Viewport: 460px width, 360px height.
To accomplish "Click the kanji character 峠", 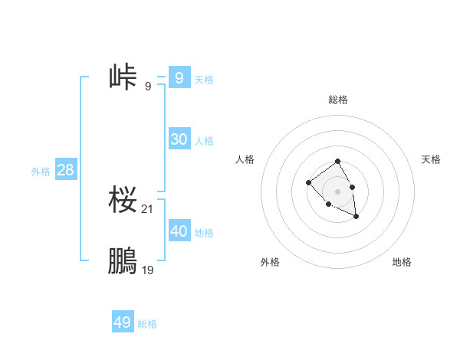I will coord(123,77).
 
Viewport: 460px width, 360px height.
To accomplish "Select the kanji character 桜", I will coord(123,201).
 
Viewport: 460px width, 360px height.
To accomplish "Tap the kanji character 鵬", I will coord(123,262).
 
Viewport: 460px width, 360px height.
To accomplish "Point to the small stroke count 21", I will coord(148,209).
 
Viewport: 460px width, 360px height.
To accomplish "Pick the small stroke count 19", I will coord(148,270).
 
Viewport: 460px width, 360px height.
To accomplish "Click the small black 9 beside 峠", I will coord(148,86).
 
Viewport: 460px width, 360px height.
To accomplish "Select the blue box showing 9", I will coord(179,77).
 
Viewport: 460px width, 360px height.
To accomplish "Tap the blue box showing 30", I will coord(179,139).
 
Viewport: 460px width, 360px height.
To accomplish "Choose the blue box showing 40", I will coord(179,231).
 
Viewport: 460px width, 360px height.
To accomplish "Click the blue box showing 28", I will coord(65,169).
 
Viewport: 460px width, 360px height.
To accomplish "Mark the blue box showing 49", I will coord(122,322).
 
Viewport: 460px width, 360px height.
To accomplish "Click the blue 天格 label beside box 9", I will coord(204,79).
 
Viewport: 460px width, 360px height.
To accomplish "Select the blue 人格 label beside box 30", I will coord(204,140).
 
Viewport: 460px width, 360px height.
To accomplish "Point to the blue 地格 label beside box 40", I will coord(204,232).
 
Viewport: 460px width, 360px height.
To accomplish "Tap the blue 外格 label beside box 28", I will coord(41,172).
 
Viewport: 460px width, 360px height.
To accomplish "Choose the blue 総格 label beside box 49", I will coord(147,324).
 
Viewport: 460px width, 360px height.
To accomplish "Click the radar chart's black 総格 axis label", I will coord(338,100).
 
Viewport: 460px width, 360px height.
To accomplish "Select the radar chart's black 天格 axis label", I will coord(432,159).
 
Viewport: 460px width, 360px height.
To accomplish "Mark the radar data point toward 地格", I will coord(356,218).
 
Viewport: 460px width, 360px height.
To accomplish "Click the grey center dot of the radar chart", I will coord(337,191).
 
